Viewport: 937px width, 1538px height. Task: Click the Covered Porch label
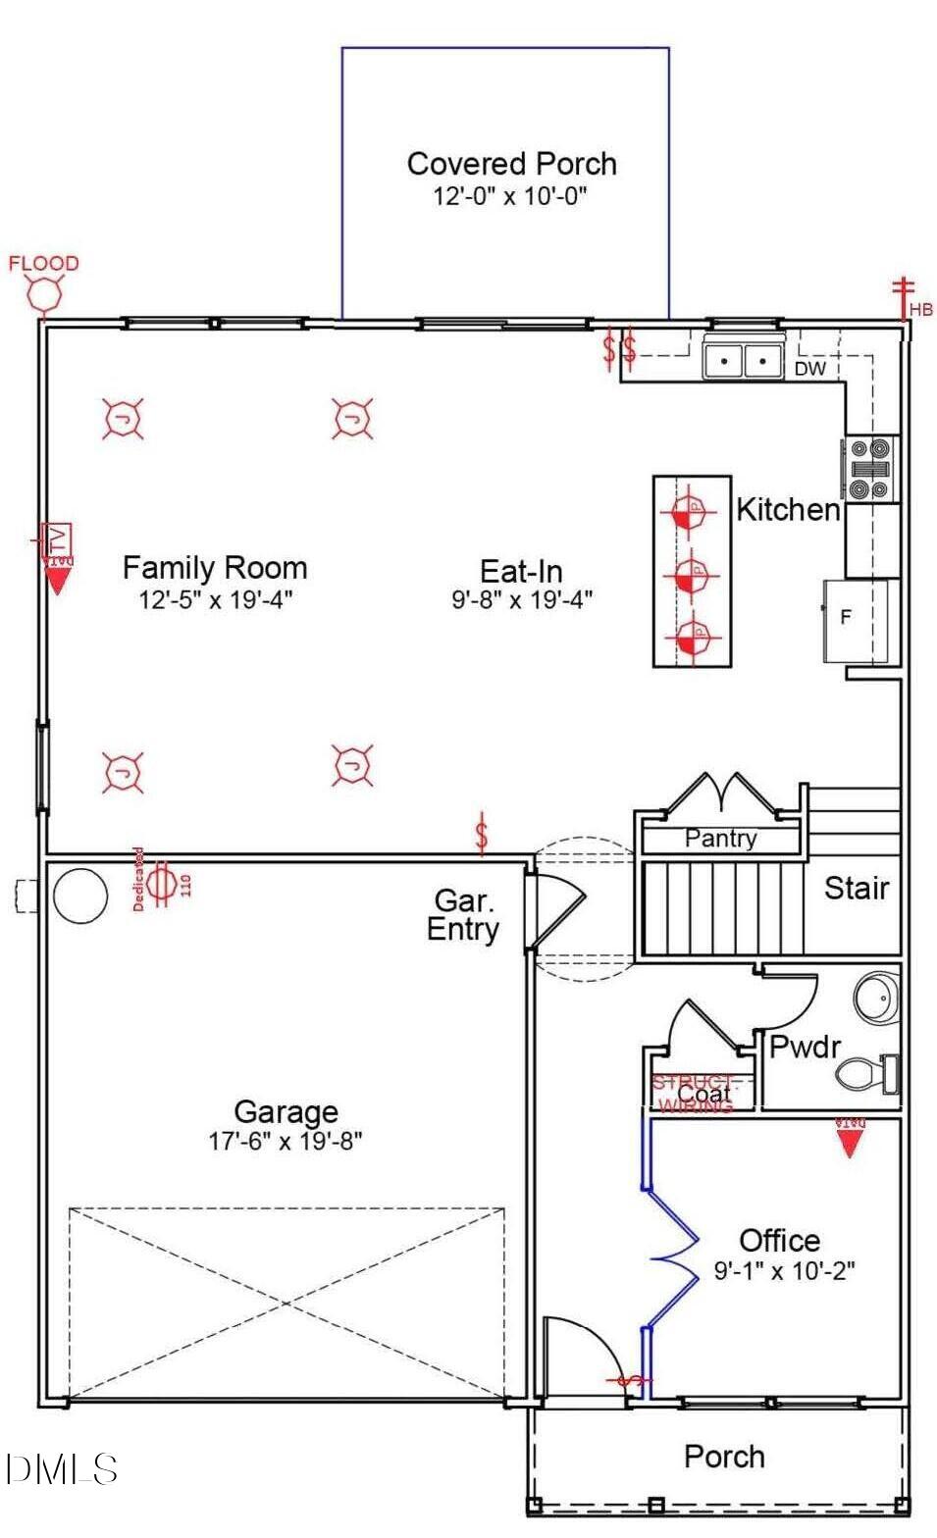click(x=511, y=164)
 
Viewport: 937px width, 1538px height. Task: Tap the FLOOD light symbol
click(x=44, y=293)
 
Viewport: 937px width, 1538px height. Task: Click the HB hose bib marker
click(x=903, y=299)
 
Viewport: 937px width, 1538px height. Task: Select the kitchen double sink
click(x=743, y=360)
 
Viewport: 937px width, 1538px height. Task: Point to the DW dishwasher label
click(x=809, y=369)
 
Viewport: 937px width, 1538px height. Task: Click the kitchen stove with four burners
click(x=870, y=469)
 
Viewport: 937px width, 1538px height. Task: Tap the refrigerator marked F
click(x=856, y=619)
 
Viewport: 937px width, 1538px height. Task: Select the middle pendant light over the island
click(x=692, y=573)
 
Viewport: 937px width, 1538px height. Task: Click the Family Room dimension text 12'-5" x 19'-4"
click(x=215, y=599)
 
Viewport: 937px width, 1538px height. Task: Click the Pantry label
click(x=720, y=839)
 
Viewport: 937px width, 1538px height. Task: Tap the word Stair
click(x=856, y=888)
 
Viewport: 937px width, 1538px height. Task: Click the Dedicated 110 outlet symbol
click(x=162, y=880)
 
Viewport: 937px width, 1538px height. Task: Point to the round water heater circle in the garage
click(x=79, y=895)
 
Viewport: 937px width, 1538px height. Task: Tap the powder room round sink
click(x=875, y=999)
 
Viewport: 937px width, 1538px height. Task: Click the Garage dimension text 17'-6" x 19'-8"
click(x=285, y=1141)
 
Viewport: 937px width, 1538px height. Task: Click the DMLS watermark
click(x=61, y=1468)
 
